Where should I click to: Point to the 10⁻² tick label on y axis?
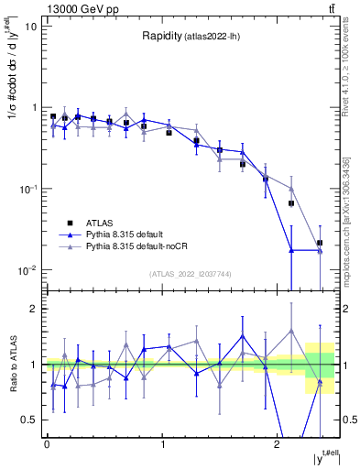28,270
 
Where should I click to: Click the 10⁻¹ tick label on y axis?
28,189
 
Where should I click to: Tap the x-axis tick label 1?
162,446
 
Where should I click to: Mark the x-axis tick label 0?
47,446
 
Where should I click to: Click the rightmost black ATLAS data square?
319,244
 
